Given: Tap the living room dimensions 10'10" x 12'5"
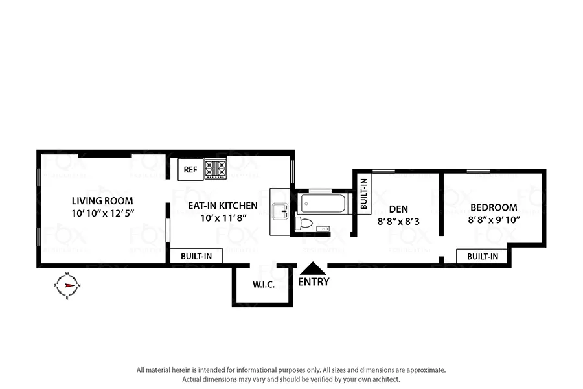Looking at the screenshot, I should click(102, 213).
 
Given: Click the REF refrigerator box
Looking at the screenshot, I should click(190, 170).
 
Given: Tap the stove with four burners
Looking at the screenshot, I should click(215, 169).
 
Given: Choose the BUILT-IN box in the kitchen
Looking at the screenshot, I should click(195, 256).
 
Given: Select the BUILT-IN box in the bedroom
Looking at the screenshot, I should click(482, 256).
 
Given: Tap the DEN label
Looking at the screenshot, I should click(398, 209).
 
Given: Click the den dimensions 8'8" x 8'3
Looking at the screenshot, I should click(398, 220).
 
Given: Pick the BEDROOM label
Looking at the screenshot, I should click(494, 207).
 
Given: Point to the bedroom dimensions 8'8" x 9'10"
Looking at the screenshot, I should click(494, 220).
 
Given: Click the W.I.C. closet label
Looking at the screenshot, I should click(262, 284).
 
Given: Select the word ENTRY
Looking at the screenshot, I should click(314, 282).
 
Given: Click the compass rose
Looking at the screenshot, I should click(67, 285).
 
